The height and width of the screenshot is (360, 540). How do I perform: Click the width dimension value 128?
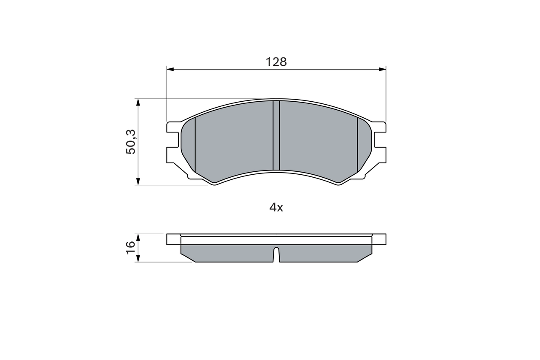276,62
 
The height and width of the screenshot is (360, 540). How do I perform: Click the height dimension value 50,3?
131,142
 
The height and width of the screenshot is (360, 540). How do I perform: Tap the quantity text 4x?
276,207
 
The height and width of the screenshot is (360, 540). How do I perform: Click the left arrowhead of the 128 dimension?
170,69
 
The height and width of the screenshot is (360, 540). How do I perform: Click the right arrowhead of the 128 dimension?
383,69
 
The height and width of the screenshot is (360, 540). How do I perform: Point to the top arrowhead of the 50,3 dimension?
138,102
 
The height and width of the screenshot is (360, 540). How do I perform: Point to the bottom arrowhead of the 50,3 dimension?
138,181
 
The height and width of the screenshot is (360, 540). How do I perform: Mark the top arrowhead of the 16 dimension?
138,237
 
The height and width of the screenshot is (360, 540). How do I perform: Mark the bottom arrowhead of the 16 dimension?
138,259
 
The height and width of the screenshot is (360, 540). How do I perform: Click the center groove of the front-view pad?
276,135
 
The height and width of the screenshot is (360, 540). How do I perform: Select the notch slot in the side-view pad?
276,254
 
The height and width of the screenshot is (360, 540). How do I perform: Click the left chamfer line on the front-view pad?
195,144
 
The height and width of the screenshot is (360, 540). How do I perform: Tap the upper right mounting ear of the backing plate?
380,127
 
